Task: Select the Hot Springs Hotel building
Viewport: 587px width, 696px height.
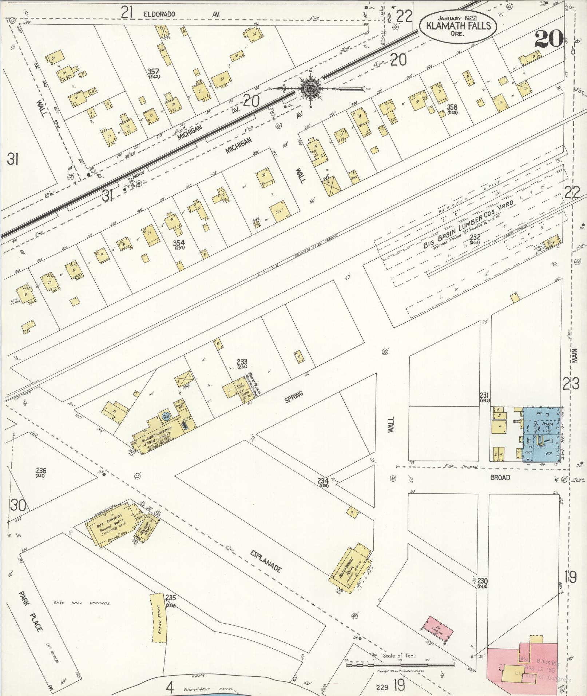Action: pyautogui.click(x=349, y=571)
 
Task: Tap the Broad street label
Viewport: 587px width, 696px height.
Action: pyautogui.click(x=500, y=477)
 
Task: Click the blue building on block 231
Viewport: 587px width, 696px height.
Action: pyautogui.click(x=542, y=435)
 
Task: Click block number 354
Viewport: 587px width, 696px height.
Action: pyautogui.click(x=179, y=243)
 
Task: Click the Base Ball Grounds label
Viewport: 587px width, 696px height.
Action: pyautogui.click(x=82, y=603)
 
